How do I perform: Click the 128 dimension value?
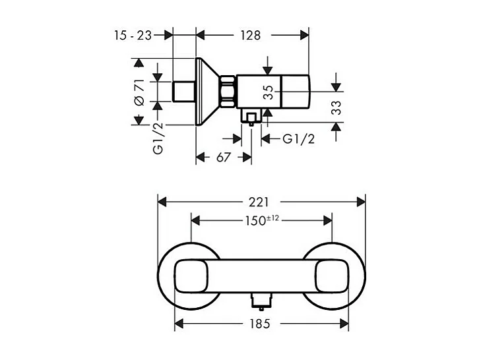click(249, 35)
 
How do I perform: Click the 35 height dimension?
click(268, 91)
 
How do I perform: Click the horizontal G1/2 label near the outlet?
click(298, 138)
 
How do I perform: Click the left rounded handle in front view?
click(192, 275)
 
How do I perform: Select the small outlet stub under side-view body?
click(250, 118)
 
